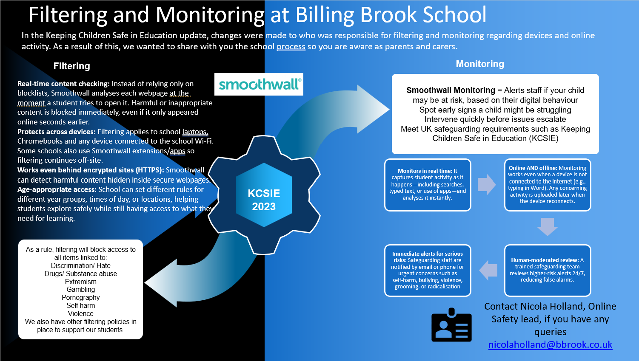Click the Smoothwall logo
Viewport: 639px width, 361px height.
[x=259, y=84]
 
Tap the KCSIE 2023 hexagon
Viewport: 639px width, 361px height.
[x=264, y=200]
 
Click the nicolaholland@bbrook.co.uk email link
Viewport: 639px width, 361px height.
[x=550, y=344]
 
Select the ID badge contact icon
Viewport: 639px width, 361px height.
[x=451, y=325]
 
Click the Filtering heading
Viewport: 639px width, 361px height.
[x=71, y=66]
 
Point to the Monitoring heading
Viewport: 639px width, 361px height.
[x=479, y=64]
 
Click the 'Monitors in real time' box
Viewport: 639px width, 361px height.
[x=428, y=185]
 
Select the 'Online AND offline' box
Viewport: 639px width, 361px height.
[x=547, y=185]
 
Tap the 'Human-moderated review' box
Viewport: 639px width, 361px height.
[x=547, y=270]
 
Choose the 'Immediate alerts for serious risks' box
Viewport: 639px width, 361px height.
[x=428, y=270]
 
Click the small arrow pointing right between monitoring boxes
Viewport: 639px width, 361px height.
[x=487, y=185]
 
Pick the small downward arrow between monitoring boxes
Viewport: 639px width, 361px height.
[x=547, y=226]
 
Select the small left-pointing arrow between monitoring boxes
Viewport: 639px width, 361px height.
[x=488, y=270]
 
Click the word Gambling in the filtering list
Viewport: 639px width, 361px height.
[x=81, y=290]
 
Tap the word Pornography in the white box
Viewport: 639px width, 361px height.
[x=81, y=298]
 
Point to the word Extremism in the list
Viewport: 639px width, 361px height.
[x=81, y=282]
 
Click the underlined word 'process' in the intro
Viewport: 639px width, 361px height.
[x=291, y=47]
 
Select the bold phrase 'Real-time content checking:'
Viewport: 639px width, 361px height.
[x=63, y=84]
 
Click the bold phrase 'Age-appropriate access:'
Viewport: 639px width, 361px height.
[x=57, y=189]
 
